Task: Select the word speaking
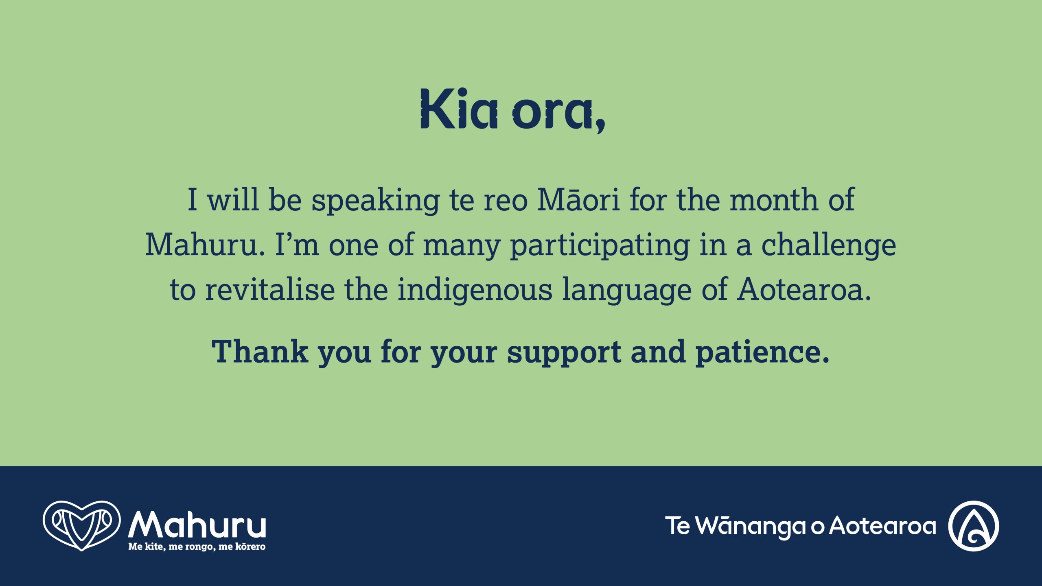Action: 376,201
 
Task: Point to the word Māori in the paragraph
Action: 579,199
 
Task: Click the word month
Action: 774,199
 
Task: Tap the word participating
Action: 600,246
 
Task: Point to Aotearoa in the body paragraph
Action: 804,289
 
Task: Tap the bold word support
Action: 564,353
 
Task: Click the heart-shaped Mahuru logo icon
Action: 82,526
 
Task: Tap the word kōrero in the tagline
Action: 250,546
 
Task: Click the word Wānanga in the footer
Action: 751,526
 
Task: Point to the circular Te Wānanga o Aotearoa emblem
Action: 974,526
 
